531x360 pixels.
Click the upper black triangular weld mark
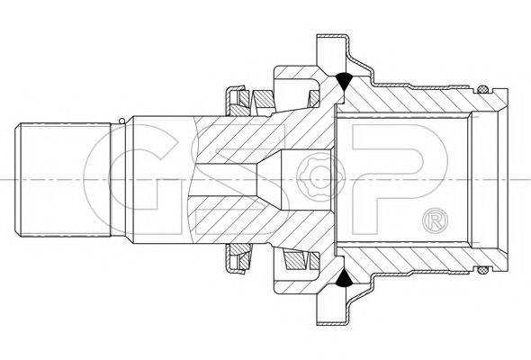345,81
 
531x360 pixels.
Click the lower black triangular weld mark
345,279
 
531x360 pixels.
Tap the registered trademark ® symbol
436,220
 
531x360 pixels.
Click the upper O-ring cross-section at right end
483,89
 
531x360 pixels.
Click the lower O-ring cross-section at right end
483,270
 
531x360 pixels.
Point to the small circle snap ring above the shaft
121,121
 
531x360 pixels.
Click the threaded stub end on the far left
63,180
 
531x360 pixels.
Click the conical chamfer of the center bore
269,179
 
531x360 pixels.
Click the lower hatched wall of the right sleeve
407,260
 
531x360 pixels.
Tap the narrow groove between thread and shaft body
122,180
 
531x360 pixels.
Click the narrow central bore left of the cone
226,179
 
